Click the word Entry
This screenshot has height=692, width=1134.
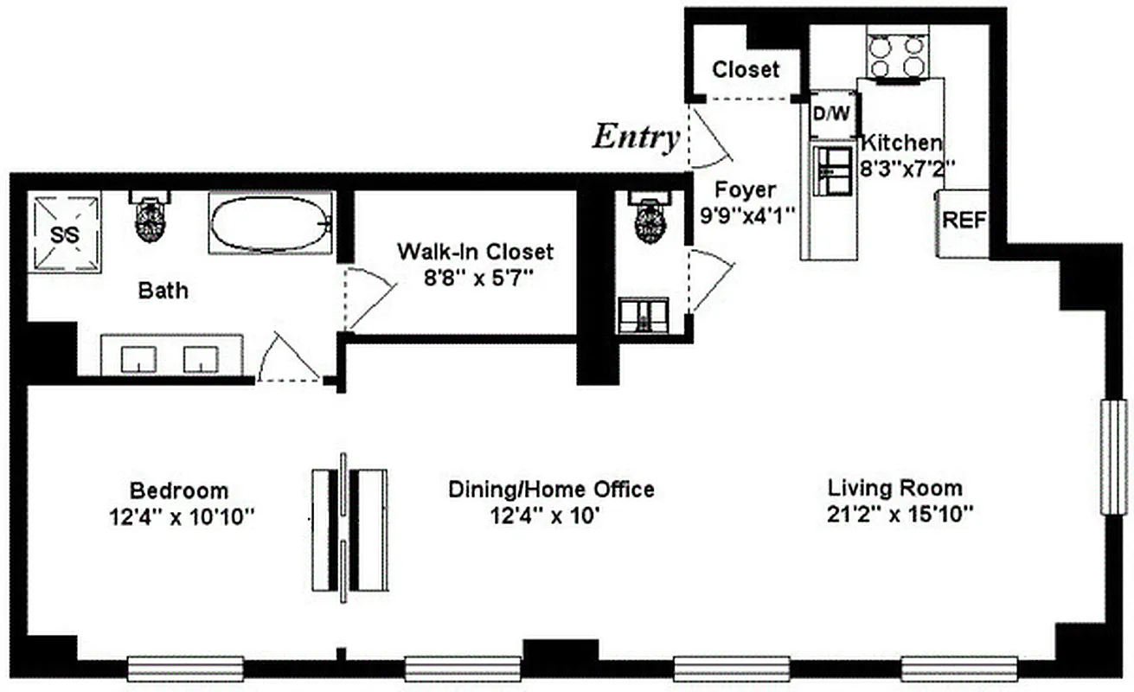coord(635,138)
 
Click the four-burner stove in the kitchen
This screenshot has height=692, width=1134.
coord(897,56)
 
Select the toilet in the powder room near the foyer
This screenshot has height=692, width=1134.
coord(650,220)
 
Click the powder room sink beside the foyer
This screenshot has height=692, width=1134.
coord(643,315)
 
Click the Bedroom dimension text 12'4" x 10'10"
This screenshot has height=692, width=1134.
coord(179,517)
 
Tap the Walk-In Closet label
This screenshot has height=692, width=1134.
coord(475,252)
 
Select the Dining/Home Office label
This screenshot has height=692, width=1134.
coord(551,490)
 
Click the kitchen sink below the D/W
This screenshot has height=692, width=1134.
coord(831,170)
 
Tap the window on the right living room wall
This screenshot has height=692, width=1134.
coord(1111,457)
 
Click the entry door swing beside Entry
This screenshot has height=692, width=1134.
coord(710,138)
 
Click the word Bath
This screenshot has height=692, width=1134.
coord(163,290)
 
